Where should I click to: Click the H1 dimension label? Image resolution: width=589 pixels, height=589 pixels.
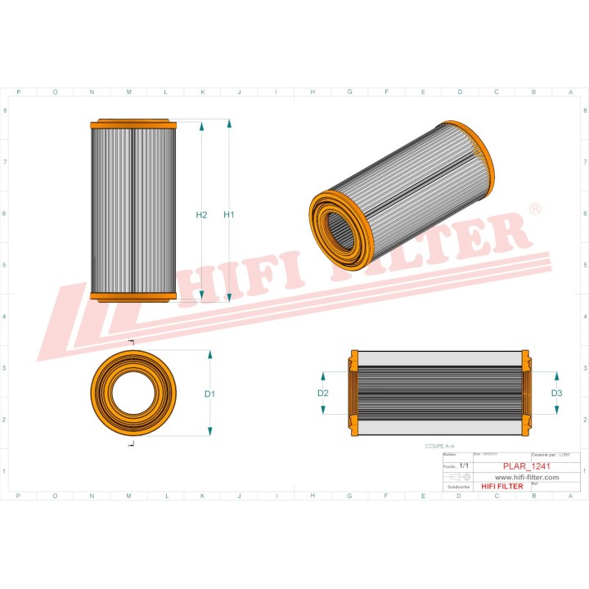[x=229, y=215]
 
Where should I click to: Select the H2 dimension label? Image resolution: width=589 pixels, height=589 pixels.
[x=201, y=215]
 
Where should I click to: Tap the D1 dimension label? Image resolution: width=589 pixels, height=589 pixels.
[x=209, y=393]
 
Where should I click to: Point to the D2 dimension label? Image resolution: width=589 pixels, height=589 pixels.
[x=322, y=393]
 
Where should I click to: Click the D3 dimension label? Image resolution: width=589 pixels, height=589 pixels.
[x=556, y=393]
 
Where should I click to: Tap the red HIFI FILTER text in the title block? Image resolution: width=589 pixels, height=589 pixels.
[x=501, y=487]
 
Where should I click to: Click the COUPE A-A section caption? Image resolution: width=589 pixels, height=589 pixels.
[x=440, y=447]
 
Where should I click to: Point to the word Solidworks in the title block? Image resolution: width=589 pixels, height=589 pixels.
[x=455, y=487]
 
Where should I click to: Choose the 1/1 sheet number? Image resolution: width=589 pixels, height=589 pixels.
[x=464, y=465]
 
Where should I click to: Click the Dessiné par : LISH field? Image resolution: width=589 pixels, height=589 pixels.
[x=550, y=454]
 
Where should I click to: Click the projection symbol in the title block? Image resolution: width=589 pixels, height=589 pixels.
[x=460, y=476]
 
